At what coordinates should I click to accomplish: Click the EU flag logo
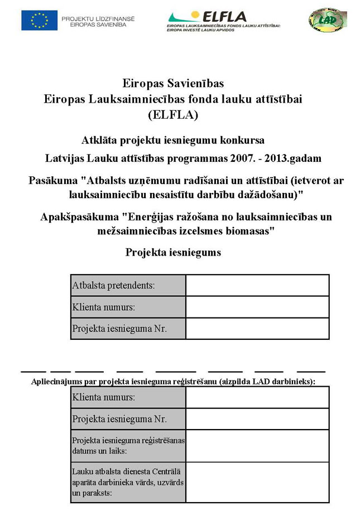39,20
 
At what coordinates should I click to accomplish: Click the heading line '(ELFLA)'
173,115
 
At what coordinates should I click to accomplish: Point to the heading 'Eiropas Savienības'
173,84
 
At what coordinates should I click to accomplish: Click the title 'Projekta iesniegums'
173,252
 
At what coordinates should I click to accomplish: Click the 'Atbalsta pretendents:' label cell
128,286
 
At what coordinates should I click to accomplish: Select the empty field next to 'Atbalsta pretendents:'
257,286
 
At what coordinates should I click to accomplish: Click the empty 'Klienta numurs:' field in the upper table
257,307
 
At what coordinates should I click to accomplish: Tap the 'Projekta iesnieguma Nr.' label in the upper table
128,329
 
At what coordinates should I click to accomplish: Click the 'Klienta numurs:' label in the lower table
128,397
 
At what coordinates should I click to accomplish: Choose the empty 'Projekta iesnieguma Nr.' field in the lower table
257,418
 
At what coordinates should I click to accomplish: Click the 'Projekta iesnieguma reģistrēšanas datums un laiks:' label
128,445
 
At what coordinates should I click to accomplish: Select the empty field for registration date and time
257,445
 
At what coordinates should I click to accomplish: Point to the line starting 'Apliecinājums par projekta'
173,382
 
